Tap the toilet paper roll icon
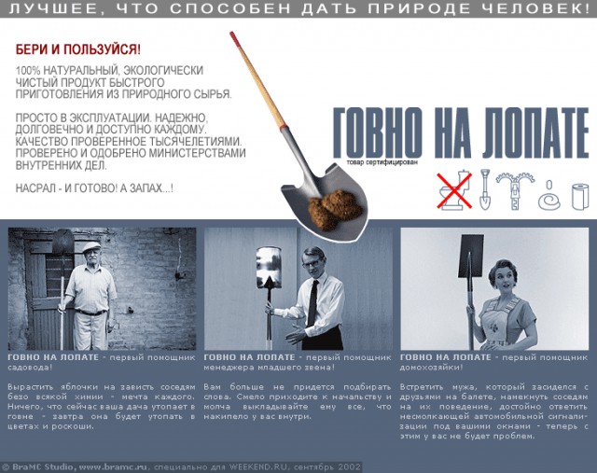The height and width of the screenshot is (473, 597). (579, 195)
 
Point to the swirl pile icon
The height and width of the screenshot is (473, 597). (550, 195)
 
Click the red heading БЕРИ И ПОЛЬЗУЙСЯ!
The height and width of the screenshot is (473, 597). (77, 49)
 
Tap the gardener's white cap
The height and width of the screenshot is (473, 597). (90, 247)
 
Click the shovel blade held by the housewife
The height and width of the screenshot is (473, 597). (471, 254)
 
